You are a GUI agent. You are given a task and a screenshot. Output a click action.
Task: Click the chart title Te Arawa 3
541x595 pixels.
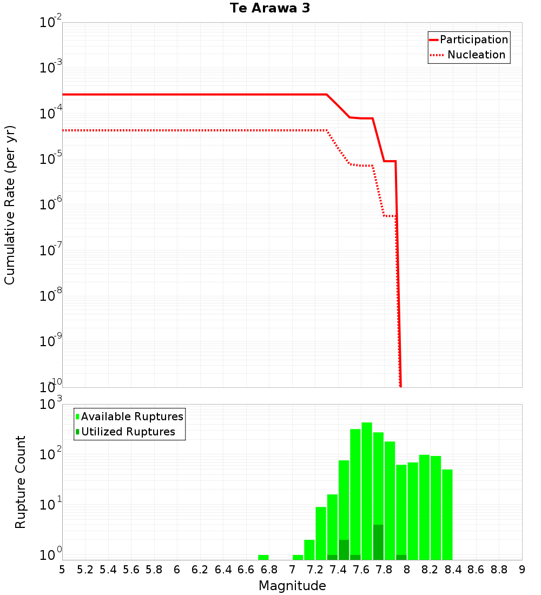point(269,8)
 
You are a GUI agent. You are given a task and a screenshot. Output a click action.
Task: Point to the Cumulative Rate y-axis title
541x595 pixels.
point(10,204)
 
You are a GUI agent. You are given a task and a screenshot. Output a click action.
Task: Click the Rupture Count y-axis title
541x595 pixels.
point(21,481)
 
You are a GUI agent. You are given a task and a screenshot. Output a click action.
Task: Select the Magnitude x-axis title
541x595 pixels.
point(292,586)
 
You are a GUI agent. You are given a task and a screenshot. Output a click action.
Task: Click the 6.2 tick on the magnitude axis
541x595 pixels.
point(200,570)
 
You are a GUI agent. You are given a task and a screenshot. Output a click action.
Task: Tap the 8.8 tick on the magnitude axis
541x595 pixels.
point(499,570)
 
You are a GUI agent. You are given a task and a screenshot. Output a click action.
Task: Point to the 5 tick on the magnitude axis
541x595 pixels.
point(62,570)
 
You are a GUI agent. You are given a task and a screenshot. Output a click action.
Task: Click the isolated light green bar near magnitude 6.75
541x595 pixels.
point(263,557)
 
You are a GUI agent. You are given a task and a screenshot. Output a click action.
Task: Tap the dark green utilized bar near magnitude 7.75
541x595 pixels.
point(378,542)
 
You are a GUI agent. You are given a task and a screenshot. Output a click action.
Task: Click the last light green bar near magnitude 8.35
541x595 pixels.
point(447,514)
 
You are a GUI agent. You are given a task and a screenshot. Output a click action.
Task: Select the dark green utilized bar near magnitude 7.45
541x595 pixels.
point(344,550)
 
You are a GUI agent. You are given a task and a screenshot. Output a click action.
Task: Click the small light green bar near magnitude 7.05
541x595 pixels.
point(298,557)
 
